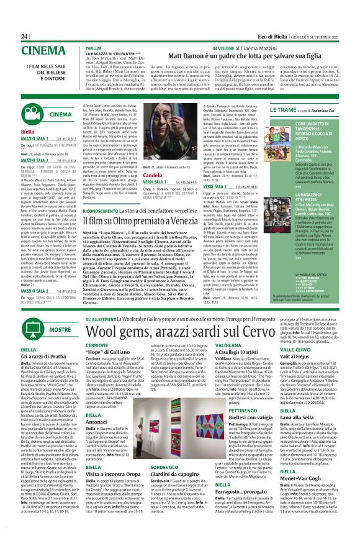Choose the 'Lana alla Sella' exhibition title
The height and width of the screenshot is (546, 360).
pos(295,437)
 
